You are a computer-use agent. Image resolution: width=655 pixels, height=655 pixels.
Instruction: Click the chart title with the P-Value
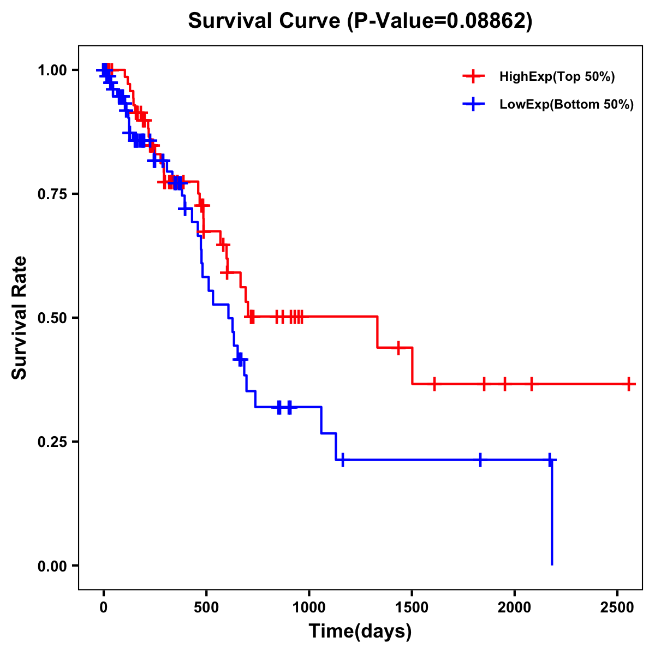(x=360, y=21)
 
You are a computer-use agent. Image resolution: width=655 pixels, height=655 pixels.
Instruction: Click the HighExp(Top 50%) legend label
(x=557, y=76)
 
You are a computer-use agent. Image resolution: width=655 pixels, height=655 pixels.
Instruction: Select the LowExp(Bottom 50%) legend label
(x=567, y=105)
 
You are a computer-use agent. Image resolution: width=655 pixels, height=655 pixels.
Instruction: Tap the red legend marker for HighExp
(x=474, y=76)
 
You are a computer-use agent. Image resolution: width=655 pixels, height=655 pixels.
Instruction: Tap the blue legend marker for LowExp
(x=474, y=105)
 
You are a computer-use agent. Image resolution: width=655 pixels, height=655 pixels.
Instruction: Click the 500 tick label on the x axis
(x=206, y=608)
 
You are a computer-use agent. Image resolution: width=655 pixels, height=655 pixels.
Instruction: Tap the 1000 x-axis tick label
(x=309, y=608)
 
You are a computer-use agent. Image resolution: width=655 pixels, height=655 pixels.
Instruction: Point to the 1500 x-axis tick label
(x=412, y=608)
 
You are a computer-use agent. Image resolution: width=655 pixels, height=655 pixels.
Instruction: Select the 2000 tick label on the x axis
(x=515, y=608)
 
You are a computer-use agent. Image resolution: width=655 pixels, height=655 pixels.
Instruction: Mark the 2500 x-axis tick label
(x=617, y=608)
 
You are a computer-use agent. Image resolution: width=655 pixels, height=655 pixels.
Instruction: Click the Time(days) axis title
(x=360, y=632)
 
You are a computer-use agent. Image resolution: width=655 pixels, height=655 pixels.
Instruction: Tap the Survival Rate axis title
(x=20, y=318)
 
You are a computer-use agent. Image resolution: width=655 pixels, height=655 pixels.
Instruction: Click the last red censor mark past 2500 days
(x=629, y=384)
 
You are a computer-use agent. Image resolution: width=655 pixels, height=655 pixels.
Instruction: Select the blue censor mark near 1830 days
(x=480, y=460)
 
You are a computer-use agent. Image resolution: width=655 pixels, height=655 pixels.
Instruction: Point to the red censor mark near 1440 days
(x=398, y=348)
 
